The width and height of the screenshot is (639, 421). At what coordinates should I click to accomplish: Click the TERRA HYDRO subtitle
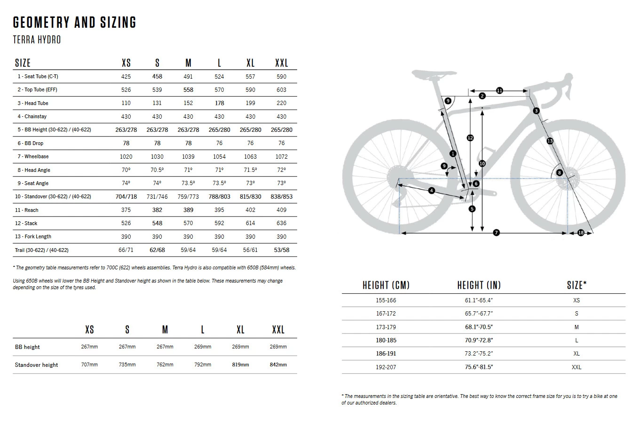tap(37, 40)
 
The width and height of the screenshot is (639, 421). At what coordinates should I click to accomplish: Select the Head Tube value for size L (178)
tap(219, 103)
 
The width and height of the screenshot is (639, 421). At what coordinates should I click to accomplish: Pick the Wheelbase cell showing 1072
tap(281, 156)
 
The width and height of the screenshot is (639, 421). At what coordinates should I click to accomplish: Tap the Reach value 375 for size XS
tap(126, 210)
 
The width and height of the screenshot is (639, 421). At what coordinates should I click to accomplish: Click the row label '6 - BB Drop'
tap(31, 143)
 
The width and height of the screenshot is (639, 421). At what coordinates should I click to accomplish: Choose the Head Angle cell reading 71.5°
tap(250, 170)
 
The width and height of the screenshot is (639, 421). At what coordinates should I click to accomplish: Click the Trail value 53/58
tap(281, 250)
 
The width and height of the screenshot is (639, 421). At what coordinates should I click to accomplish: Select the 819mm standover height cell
tap(240, 365)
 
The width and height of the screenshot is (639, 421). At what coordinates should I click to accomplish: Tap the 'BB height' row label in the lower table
tap(27, 347)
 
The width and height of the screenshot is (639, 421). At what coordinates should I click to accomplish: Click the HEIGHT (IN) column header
tap(479, 285)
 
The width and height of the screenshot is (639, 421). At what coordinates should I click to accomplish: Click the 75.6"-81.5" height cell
tap(479, 367)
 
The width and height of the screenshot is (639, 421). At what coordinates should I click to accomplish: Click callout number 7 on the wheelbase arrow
tap(496, 233)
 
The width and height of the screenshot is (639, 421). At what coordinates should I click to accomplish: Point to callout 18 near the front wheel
tap(580, 233)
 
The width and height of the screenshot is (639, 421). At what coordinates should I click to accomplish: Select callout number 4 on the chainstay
tap(432, 190)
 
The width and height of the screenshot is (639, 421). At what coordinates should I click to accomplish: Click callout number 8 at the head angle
tap(559, 173)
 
